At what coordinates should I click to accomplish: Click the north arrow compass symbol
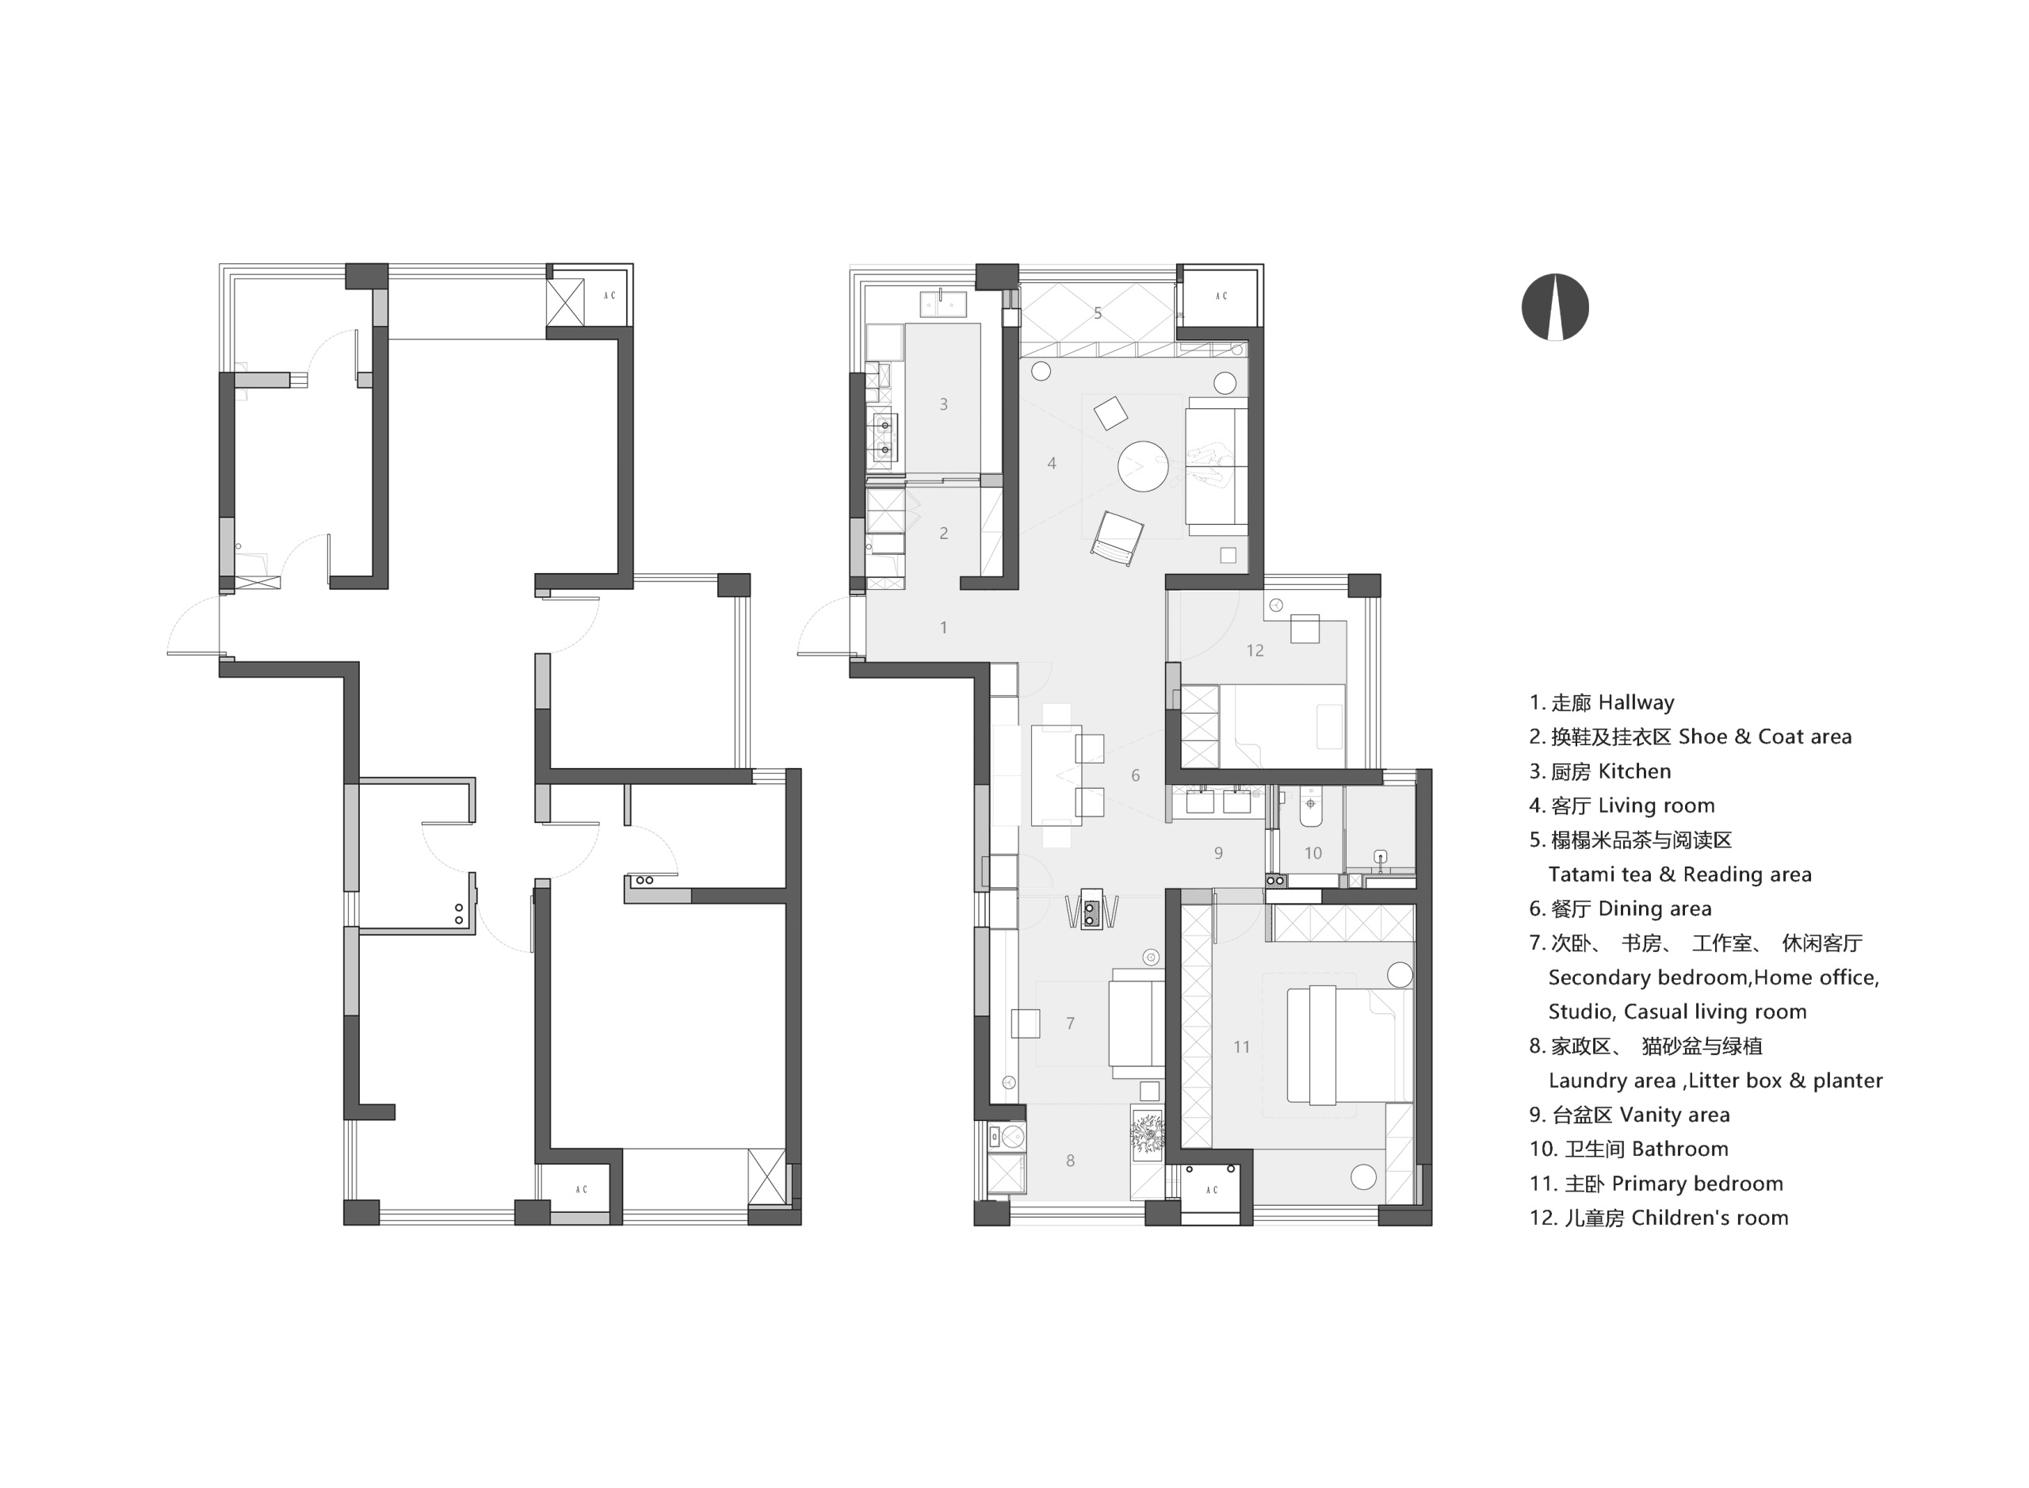1554,307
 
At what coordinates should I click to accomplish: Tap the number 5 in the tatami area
1097,313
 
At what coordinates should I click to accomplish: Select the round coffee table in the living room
1143,465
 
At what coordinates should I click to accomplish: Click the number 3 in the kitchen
943,404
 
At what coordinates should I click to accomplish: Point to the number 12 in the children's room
1255,650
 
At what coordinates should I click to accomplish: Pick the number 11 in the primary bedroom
1241,1046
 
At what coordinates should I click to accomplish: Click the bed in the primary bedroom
1349,1044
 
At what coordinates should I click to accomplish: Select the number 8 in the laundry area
1070,1161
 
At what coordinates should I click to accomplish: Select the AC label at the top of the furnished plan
1221,296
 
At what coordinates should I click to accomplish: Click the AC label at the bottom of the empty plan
581,1189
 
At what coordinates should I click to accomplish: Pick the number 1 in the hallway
943,627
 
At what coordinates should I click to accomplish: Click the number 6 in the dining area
1135,775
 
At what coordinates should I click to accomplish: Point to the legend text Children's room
1710,1218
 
